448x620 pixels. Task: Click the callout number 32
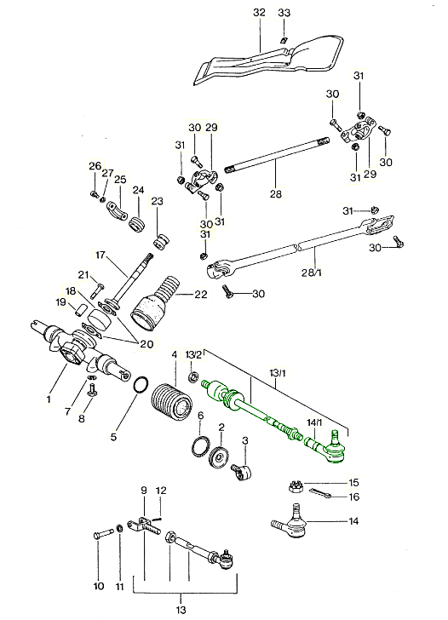[260, 12]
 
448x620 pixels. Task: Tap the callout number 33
[284, 12]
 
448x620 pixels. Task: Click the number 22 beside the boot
[201, 295]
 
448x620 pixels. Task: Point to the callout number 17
[100, 255]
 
